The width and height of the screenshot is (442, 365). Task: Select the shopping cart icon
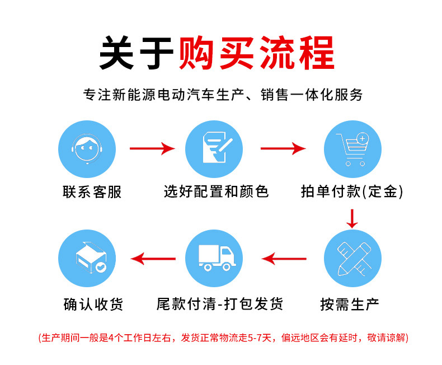(352, 148)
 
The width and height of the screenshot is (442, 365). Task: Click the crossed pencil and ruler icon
(352, 258)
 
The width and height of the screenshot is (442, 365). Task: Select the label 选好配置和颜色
(216, 192)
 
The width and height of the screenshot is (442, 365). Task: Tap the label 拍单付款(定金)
(351, 192)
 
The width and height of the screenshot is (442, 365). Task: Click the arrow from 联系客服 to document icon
(152, 149)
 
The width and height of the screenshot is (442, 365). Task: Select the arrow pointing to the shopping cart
(283, 149)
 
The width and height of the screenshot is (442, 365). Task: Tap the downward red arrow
(352, 219)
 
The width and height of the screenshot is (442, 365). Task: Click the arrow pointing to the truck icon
(285, 259)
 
